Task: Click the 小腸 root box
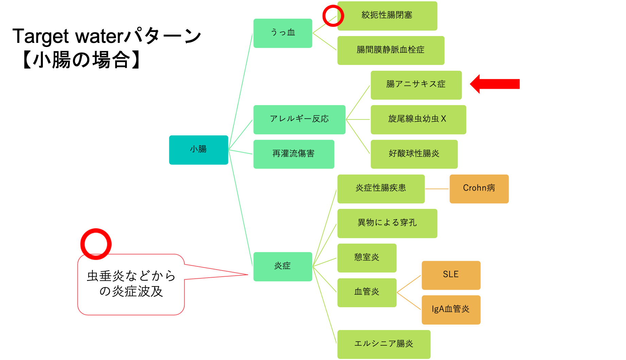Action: [199, 150]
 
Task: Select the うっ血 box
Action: [283, 33]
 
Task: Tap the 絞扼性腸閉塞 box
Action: [387, 16]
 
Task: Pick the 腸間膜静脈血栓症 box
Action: [391, 50]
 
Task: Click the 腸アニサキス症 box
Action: [416, 85]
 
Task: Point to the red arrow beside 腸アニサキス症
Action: [495, 84]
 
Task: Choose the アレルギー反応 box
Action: [299, 119]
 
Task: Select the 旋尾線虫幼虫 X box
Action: [418, 119]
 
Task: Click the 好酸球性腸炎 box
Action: [414, 154]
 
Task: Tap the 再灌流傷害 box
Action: [294, 154]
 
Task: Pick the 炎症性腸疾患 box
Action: [381, 189]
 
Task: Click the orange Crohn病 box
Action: [479, 189]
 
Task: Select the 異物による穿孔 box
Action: [387, 223]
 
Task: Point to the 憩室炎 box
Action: [367, 258]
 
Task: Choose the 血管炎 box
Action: [367, 292]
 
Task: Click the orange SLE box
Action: [451, 275]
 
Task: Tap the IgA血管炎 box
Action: [451, 310]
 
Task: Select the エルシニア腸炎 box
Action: [384, 344]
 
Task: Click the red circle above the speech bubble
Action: [96, 244]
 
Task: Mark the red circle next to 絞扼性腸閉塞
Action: [333, 16]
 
